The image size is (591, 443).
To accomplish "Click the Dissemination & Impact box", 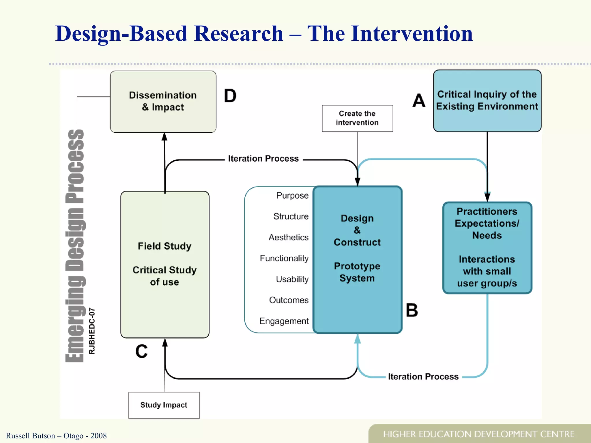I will tap(163, 102).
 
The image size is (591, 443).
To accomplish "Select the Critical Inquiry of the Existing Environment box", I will tap(487, 101).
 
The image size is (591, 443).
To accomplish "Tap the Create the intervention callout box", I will tap(357, 118).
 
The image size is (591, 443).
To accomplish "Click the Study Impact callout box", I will tap(164, 405).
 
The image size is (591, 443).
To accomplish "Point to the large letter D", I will tap(230, 96).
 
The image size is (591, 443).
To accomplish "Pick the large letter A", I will tap(419, 101).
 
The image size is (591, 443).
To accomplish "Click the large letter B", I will tap(412, 311).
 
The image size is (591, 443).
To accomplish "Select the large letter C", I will tap(141, 352).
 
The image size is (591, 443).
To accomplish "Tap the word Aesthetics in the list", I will tap(288, 237).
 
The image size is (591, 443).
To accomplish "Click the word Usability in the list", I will tap(292, 279).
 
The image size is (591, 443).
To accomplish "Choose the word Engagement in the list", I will tap(284, 321).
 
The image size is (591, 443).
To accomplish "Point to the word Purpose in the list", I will tap(292, 196).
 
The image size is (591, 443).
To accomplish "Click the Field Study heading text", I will tap(164, 246).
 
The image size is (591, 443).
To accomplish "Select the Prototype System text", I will tap(357, 272).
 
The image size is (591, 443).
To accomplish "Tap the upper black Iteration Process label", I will tap(263, 159).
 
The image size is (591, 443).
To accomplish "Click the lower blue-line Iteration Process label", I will tap(423, 377).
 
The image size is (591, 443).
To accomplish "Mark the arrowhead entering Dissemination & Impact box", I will tap(164, 137).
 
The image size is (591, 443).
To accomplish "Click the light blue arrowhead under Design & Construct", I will tap(358, 339).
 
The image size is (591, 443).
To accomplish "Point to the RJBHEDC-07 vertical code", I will tap(92, 331).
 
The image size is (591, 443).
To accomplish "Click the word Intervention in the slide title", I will tap(390, 34).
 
